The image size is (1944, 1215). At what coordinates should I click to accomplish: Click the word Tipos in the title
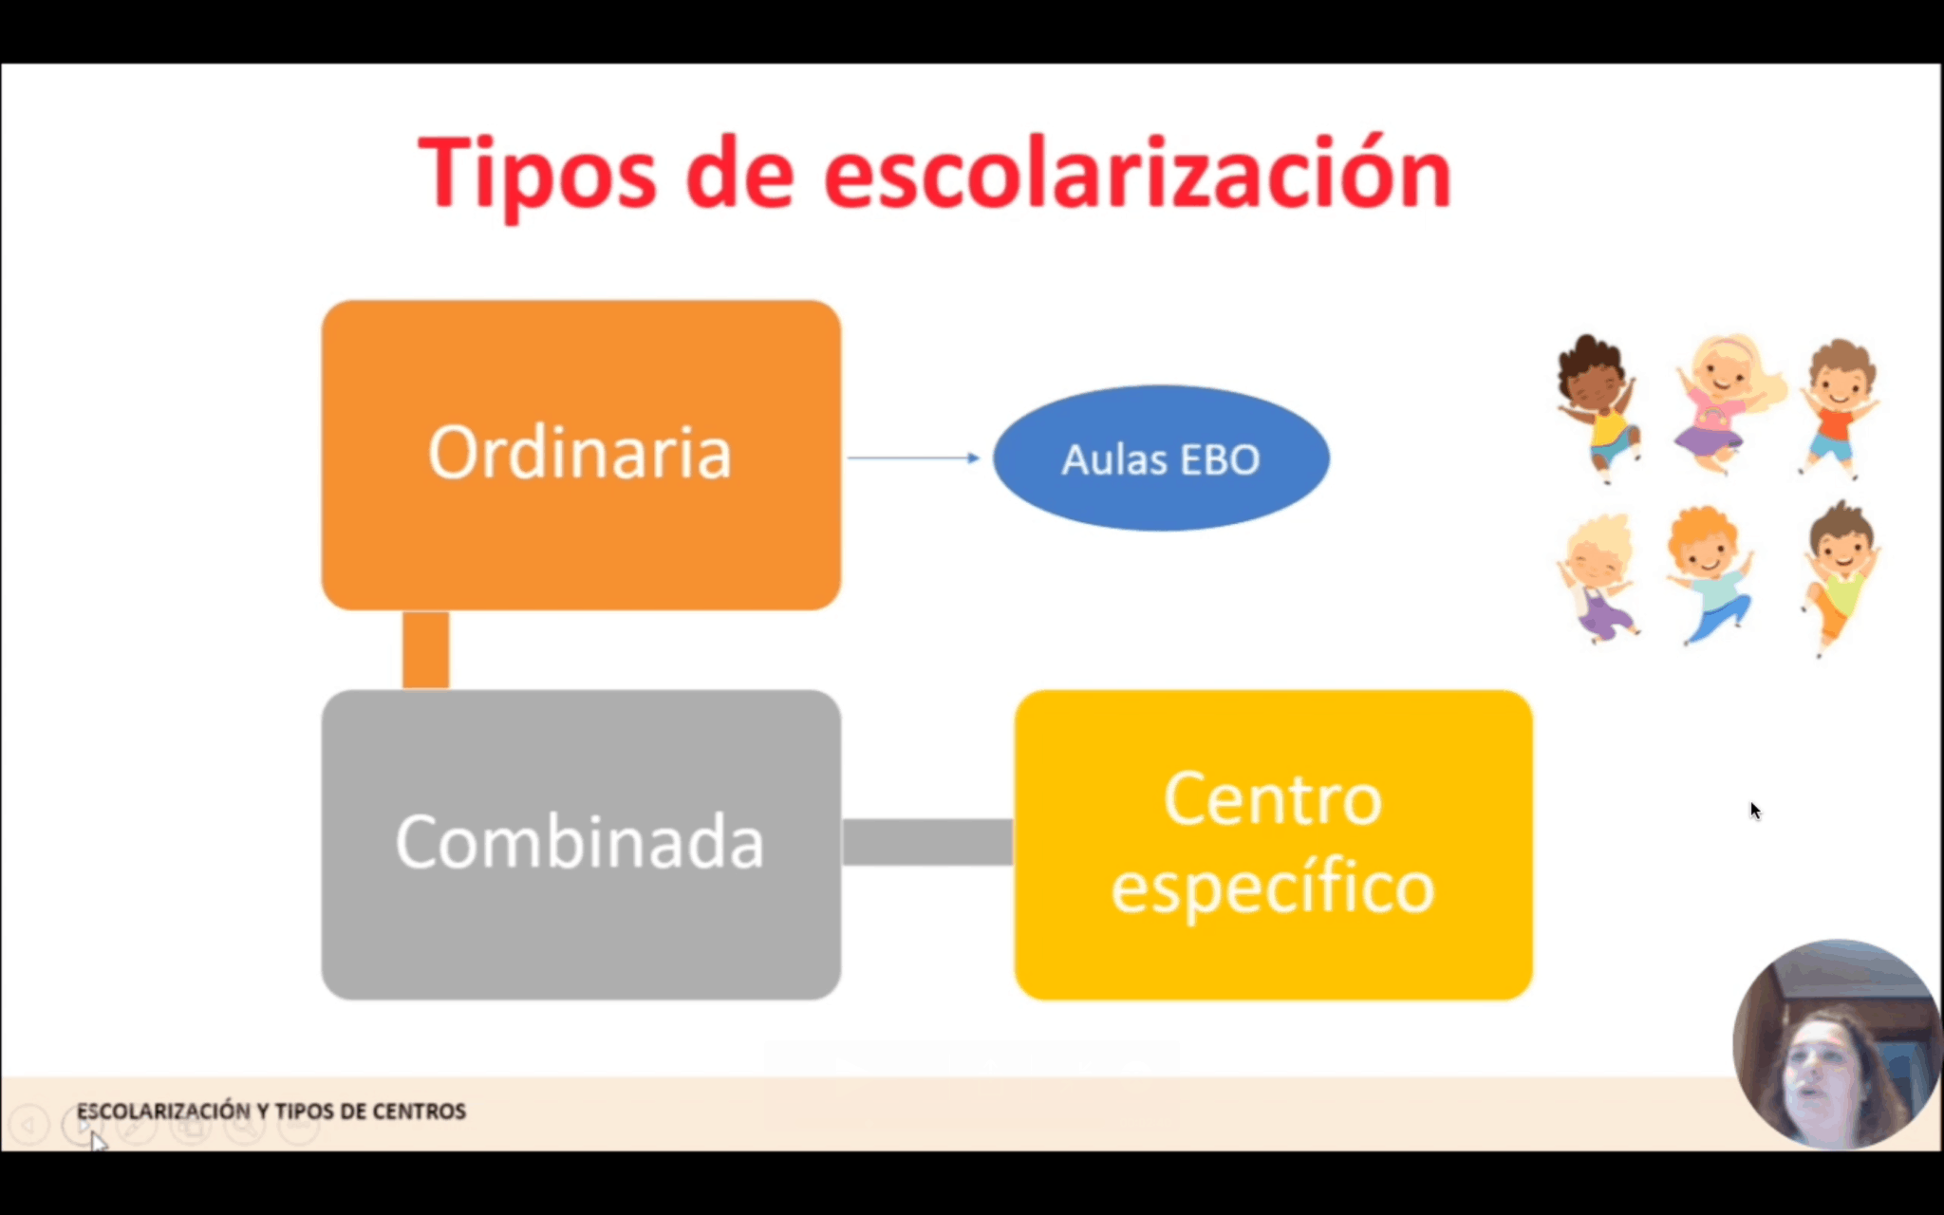537,174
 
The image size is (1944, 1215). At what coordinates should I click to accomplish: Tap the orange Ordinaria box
581,455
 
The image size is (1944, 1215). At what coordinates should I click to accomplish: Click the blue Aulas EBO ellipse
1161,458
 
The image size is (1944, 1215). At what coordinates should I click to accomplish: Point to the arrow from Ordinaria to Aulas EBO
913,458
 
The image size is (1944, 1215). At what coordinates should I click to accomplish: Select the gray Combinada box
581,845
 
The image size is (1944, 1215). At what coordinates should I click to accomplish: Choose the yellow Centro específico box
1273,845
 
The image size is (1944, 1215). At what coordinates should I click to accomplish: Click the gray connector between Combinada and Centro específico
927,843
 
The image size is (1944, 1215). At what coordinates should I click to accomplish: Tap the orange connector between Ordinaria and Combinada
426,650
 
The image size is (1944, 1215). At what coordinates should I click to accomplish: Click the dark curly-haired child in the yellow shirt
1599,408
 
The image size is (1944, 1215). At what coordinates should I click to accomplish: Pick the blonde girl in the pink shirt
1723,403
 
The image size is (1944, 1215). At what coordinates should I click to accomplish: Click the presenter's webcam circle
1837,1044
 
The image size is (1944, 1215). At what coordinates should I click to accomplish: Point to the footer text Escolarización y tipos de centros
271,1111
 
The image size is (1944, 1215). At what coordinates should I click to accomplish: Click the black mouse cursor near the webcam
1755,811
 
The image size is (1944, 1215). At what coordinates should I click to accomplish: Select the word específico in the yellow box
1273,889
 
